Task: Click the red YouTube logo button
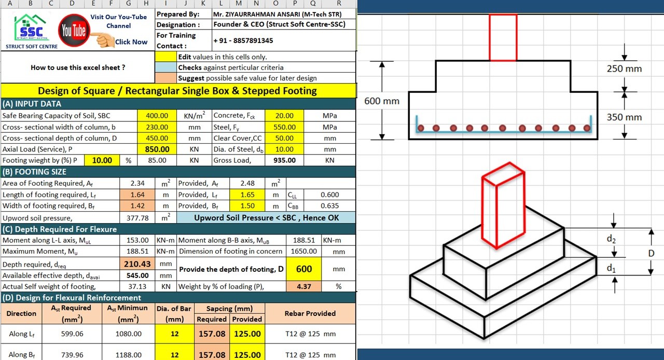[x=74, y=31]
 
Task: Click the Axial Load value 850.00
[x=157, y=149]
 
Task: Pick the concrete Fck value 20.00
[x=284, y=116]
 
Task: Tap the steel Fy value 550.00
[x=284, y=127]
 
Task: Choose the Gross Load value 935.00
[x=284, y=160]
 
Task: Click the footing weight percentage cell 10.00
[x=102, y=160]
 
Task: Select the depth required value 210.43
[x=137, y=264]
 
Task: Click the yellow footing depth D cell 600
[x=304, y=269]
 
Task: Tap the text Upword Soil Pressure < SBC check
[x=267, y=218]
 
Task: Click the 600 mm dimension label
[x=382, y=101]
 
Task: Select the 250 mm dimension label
[x=624, y=68]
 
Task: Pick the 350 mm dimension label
[x=624, y=117]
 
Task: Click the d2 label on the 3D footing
[x=612, y=240]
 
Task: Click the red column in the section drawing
[x=503, y=37]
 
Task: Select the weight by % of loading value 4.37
[x=304, y=286]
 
